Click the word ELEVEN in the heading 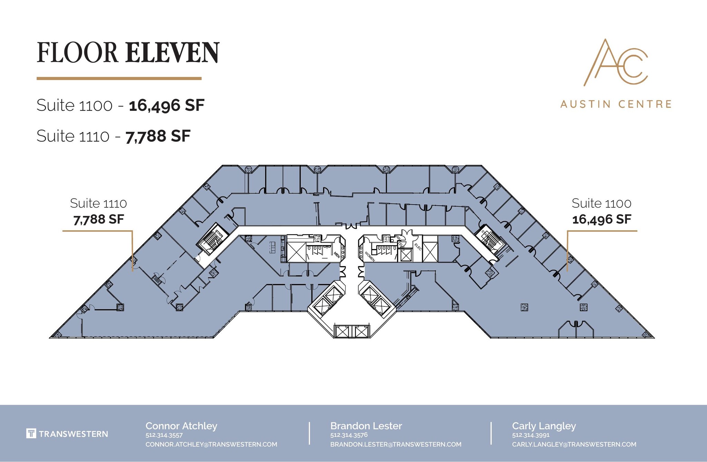point(172,52)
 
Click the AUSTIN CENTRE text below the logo point(616,104)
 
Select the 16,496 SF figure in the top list point(167,105)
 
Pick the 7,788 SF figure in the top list point(158,136)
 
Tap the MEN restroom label point(337,255)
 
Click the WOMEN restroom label point(369,256)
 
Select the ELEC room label point(418,246)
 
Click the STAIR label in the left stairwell point(219,233)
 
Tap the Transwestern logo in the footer point(67,434)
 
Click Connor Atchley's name point(181,426)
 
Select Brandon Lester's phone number point(349,435)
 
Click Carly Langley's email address point(574,444)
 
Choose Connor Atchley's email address point(211,444)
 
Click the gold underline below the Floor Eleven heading point(119,79)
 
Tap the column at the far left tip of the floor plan point(57,334)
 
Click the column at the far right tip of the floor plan point(646,334)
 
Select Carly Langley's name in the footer point(544,426)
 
